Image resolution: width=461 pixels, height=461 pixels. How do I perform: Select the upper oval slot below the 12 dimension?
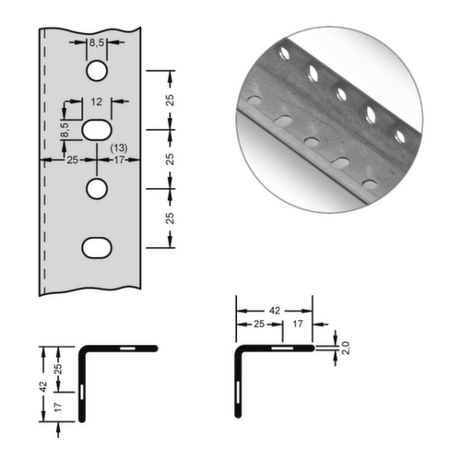[97, 130]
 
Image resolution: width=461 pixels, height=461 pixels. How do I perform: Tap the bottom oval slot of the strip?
[97, 246]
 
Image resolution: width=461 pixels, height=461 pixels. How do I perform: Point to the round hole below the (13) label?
[97, 188]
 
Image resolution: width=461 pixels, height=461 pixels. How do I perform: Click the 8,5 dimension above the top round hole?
[97, 42]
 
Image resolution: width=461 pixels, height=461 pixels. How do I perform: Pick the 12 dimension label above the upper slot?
[97, 102]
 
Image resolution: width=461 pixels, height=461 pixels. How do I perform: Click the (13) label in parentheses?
[118, 148]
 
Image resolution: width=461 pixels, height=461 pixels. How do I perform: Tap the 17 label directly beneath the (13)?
[118, 160]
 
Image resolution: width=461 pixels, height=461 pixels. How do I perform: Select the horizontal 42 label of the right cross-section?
[274, 313]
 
